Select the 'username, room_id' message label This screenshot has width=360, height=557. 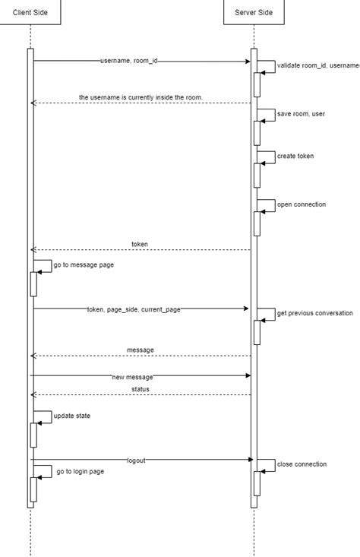[129, 61]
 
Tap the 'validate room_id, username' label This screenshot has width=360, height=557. [318, 66]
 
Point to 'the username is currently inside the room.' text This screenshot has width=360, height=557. [141, 97]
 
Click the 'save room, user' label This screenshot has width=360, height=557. [302, 113]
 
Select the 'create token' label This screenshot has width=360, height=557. [295, 156]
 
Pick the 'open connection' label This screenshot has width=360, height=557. [302, 204]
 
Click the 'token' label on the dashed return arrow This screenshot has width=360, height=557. [140, 244]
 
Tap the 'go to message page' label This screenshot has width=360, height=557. [84, 265]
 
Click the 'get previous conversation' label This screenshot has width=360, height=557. [314, 313]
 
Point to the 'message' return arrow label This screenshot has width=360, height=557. [140, 350]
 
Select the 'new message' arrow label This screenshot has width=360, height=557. [132, 377]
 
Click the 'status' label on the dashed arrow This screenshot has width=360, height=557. [140, 389]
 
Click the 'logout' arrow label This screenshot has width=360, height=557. [136, 460]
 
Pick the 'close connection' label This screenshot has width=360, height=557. [302, 464]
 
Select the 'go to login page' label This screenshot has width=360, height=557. [81, 471]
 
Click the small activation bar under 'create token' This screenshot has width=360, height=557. [257, 176]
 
